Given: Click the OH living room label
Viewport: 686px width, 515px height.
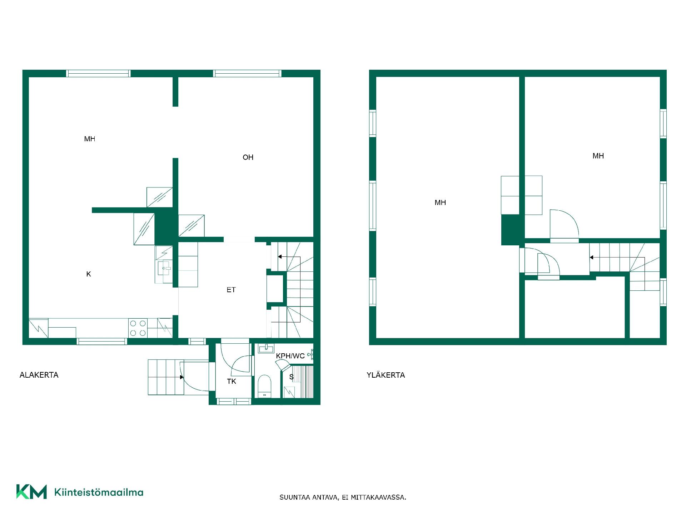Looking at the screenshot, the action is (248, 157).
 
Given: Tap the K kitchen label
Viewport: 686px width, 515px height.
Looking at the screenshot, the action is (89, 274).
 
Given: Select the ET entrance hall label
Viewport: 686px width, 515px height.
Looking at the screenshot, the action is (231, 290).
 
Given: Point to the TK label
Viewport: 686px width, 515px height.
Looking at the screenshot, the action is (232, 381).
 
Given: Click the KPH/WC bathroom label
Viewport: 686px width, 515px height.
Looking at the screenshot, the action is (290, 356).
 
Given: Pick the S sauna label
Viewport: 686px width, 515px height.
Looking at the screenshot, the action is (292, 377).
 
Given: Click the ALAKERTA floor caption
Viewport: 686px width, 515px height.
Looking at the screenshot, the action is (39, 375).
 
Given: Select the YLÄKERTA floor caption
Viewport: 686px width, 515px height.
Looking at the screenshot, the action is (386, 375).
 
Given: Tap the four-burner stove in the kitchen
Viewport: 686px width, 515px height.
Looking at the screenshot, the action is (138, 328).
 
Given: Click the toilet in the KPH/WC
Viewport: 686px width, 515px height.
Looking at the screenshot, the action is (265, 386).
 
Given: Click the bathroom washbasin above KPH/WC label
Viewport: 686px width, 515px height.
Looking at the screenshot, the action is (266, 348).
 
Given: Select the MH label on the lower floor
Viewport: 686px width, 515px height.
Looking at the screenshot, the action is (90, 139).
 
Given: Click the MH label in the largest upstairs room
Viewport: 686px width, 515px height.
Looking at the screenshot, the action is (440, 202).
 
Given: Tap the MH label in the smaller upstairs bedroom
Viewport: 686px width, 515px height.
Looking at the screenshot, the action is (598, 156).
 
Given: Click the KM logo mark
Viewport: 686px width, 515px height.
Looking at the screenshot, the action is (31, 492).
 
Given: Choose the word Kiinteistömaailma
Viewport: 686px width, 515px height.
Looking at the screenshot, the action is (99, 492).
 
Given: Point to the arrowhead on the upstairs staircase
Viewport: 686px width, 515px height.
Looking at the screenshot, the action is (592, 257).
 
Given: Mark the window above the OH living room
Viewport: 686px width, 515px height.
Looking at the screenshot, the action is (247, 73).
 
